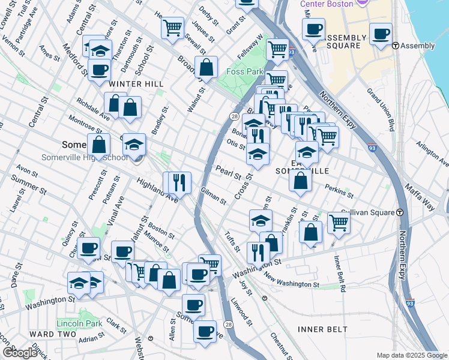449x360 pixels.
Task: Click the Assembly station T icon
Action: [396, 46]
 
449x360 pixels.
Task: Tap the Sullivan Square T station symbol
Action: [399, 212]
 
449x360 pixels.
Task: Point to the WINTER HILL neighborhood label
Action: [137, 84]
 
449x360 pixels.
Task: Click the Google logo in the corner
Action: [20, 353]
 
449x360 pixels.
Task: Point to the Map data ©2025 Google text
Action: [411, 355]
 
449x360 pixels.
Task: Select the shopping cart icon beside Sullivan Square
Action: [339, 221]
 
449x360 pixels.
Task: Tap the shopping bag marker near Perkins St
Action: [300, 179]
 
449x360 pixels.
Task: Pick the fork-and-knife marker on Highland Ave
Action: [179, 181]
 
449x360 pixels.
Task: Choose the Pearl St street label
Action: [228, 173]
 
